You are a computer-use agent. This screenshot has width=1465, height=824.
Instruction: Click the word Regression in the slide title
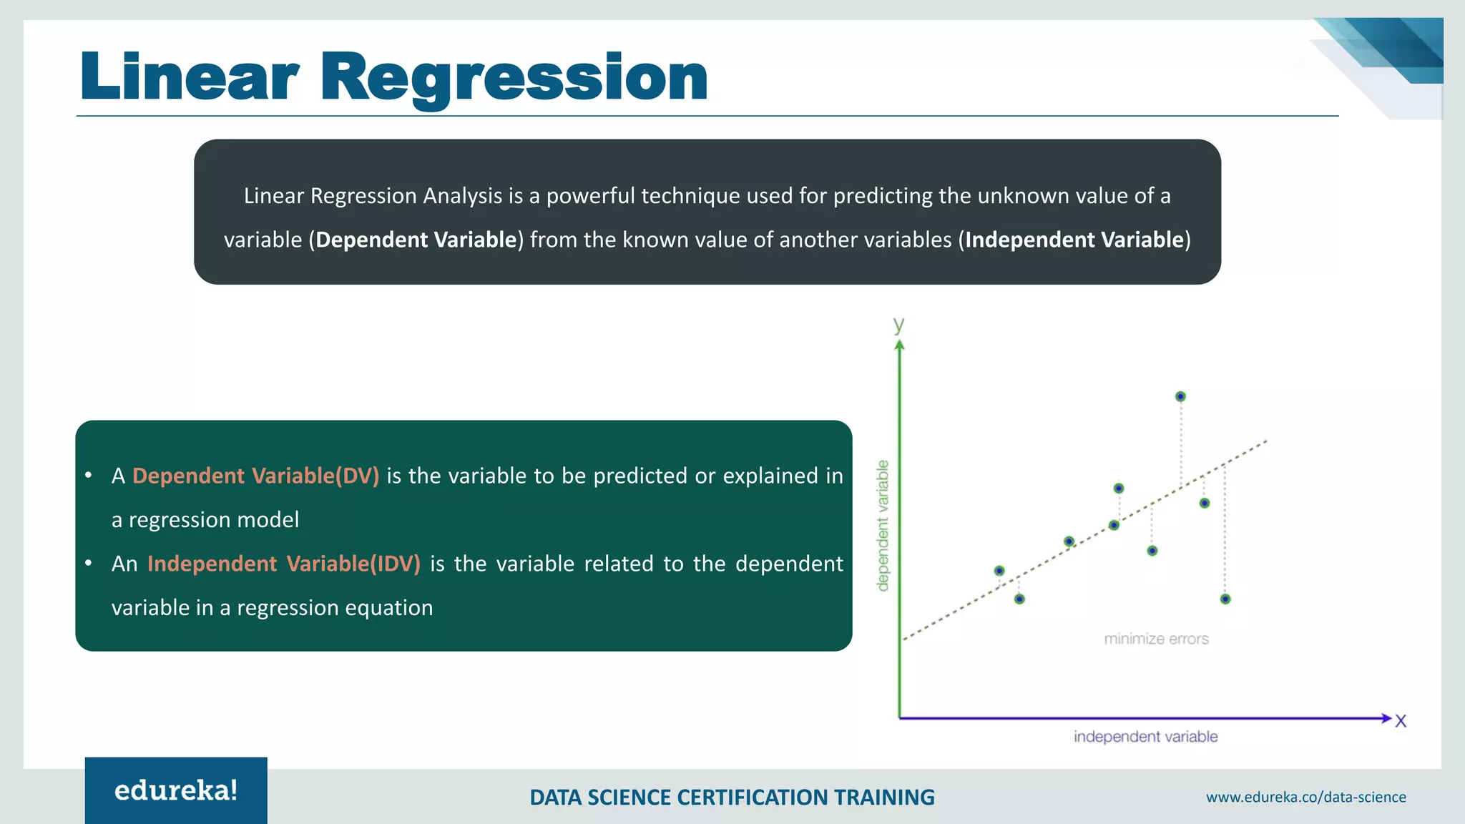514,77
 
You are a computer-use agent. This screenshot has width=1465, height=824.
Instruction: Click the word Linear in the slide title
189,77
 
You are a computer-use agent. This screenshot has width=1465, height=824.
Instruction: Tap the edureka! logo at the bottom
176,790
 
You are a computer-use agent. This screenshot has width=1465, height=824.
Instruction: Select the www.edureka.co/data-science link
1305,797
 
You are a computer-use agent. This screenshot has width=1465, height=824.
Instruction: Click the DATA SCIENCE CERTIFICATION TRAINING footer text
732,797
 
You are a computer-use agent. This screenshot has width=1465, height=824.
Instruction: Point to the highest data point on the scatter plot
1180,396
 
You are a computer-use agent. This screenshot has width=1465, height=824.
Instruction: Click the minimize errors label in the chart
1156,639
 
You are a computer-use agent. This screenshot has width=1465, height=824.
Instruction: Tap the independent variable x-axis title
1145,737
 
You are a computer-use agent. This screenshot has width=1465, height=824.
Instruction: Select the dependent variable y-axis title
883,526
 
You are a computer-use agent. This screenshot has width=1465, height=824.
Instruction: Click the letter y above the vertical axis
899,325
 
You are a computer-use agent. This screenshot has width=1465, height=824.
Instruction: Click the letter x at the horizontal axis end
1401,721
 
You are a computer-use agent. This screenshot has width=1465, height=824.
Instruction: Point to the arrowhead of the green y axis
900,345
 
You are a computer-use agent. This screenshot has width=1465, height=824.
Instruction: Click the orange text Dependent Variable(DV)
255,476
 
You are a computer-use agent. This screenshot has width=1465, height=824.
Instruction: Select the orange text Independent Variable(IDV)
283,564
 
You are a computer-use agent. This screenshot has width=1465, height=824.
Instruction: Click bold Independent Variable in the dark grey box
1074,240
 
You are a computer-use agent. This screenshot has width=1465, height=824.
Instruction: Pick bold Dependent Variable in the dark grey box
416,240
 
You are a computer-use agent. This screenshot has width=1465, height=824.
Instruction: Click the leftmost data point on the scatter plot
999,571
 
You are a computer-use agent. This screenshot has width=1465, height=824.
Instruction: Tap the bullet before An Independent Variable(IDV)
88,564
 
